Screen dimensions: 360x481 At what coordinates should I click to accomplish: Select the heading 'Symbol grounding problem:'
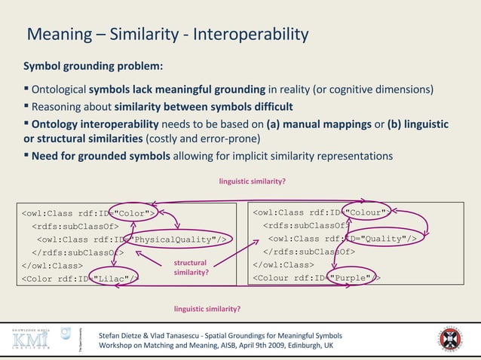click(93, 66)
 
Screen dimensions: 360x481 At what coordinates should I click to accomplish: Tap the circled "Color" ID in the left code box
click(132, 213)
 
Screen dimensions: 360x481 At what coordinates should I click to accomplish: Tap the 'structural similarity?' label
click(190, 267)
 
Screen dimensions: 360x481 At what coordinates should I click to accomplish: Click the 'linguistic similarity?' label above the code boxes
click(252, 182)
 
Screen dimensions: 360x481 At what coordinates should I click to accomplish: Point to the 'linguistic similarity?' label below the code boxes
click(207, 309)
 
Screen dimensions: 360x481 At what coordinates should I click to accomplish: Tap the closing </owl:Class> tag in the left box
click(52, 265)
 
